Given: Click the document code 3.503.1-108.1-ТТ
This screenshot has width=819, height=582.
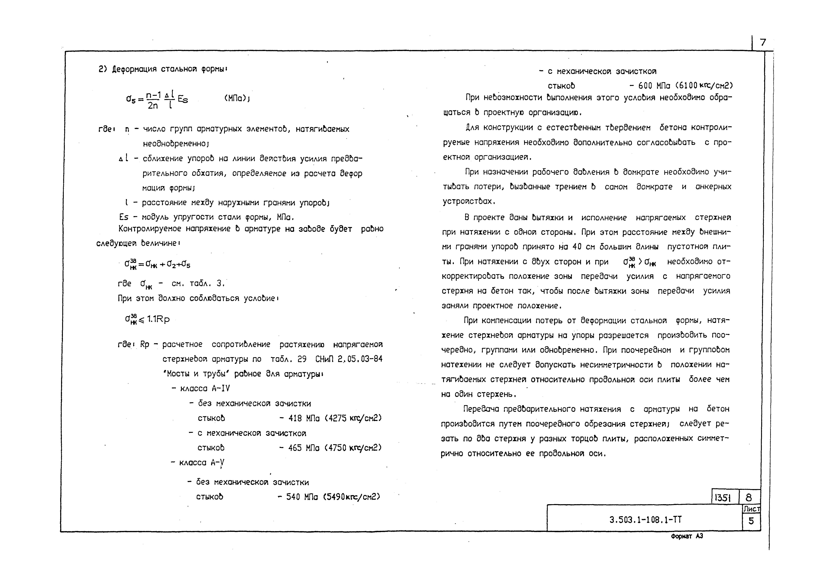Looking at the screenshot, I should (x=645, y=520).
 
